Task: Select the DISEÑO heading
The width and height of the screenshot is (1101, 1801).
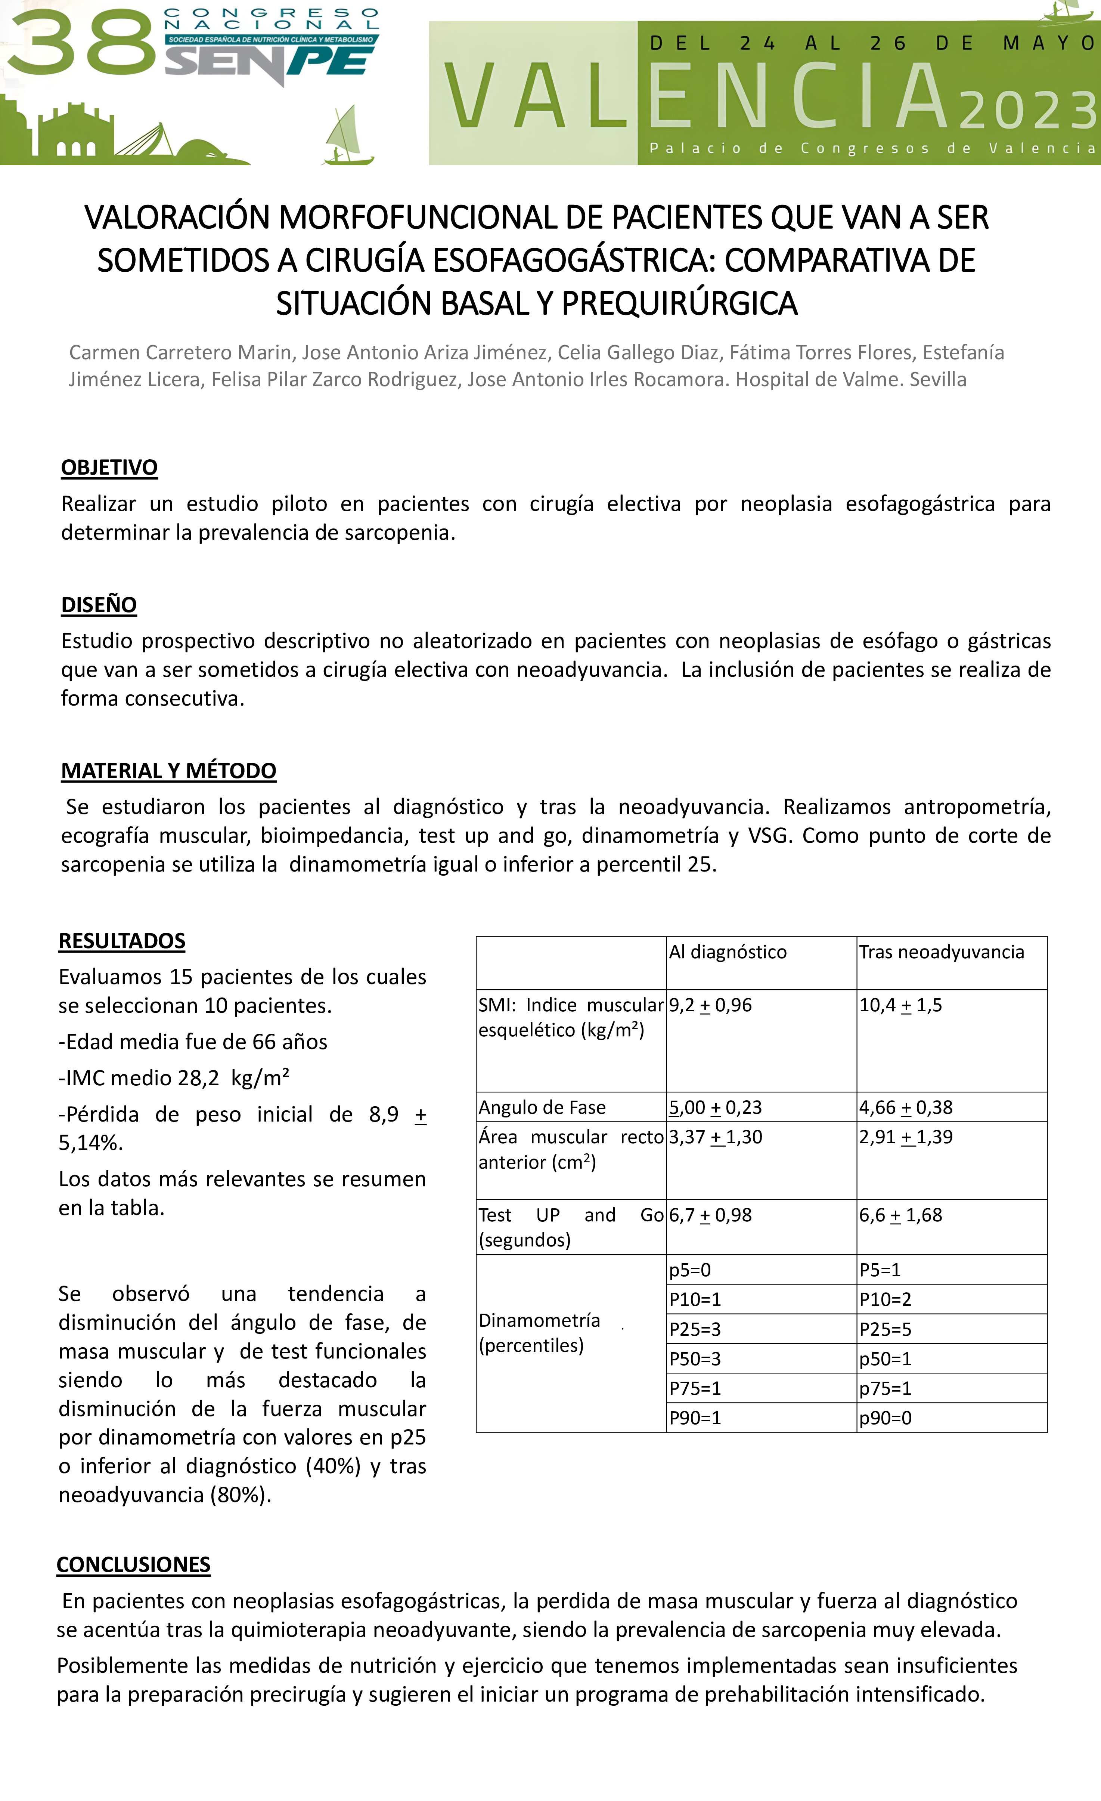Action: tap(99, 605)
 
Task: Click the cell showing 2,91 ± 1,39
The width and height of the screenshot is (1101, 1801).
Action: tap(906, 1137)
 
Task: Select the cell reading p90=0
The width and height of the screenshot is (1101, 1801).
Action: tap(885, 1418)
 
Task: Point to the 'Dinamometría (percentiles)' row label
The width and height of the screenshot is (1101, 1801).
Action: tap(539, 1332)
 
